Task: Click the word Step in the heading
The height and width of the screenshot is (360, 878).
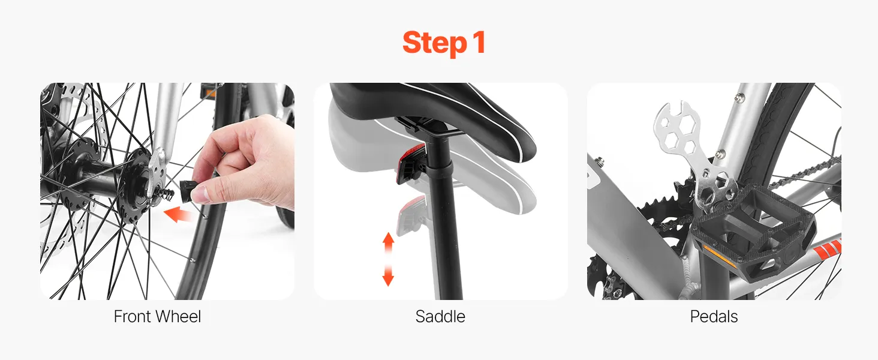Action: coord(434,43)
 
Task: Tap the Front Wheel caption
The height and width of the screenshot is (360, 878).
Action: coord(157,316)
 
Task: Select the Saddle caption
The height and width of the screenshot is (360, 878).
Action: coord(440,316)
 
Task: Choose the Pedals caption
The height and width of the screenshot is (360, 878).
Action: coord(714,316)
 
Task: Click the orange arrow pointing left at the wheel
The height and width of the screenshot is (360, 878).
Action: coord(178,215)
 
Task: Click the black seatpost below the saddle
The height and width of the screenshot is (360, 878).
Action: coord(447,220)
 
